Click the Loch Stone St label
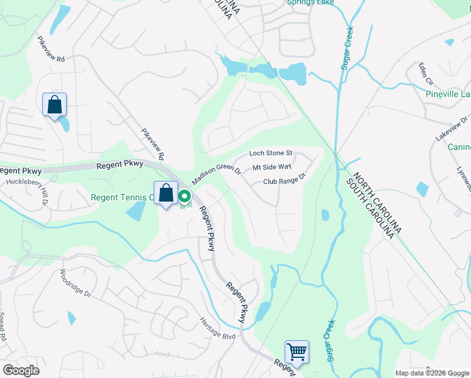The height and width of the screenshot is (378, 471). pyautogui.click(x=271, y=153)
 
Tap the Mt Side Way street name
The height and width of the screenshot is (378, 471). pyautogui.click(x=271, y=168)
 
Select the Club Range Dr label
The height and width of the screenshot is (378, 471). pyautogui.click(x=283, y=181)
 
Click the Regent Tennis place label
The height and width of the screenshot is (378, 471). pyautogui.click(x=122, y=197)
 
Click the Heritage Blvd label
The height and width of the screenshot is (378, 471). pyautogui.click(x=218, y=328)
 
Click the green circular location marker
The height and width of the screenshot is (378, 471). pyautogui.click(x=185, y=198)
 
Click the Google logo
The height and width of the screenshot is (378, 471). pyautogui.click(x=21, y=370)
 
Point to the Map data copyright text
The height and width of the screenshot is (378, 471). pyautogui.click(x=432, y=373)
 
